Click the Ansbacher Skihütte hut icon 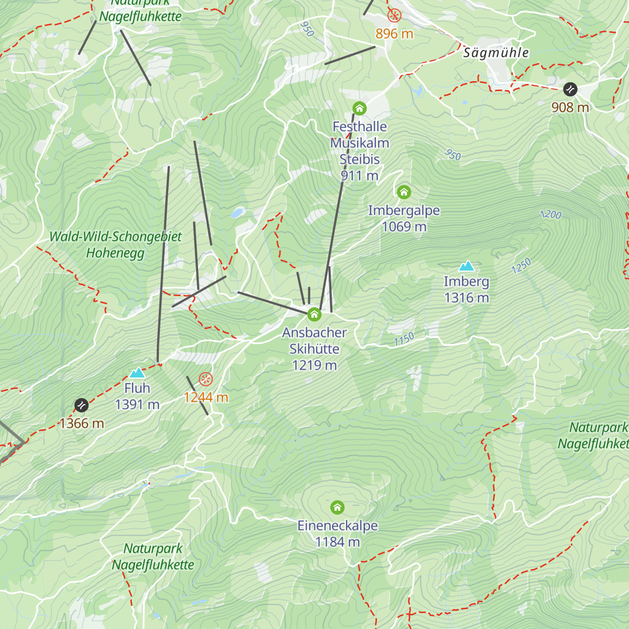pos(314,314)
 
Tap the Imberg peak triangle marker pos(466,266)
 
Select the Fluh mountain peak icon pos(137,373)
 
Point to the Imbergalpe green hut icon pos(404,192)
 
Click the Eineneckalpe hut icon pos(338,507)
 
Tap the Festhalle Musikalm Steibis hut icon pos(359,109)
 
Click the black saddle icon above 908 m pos(570,90)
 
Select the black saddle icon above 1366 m pos(81,405)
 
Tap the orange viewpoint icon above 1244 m pos(206,379)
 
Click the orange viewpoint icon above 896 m pos(394,15)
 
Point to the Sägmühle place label pos(496,53)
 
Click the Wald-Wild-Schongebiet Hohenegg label pos(115,245)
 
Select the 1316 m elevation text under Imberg pos(466,298)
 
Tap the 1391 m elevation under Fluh pos(137,405)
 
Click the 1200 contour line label pos(550,214)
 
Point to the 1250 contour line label pos(521,266)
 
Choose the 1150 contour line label pos(404,339)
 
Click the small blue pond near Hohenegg pos(237,213)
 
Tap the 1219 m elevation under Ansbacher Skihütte pos(314,365)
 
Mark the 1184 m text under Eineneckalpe pos(338,542)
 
